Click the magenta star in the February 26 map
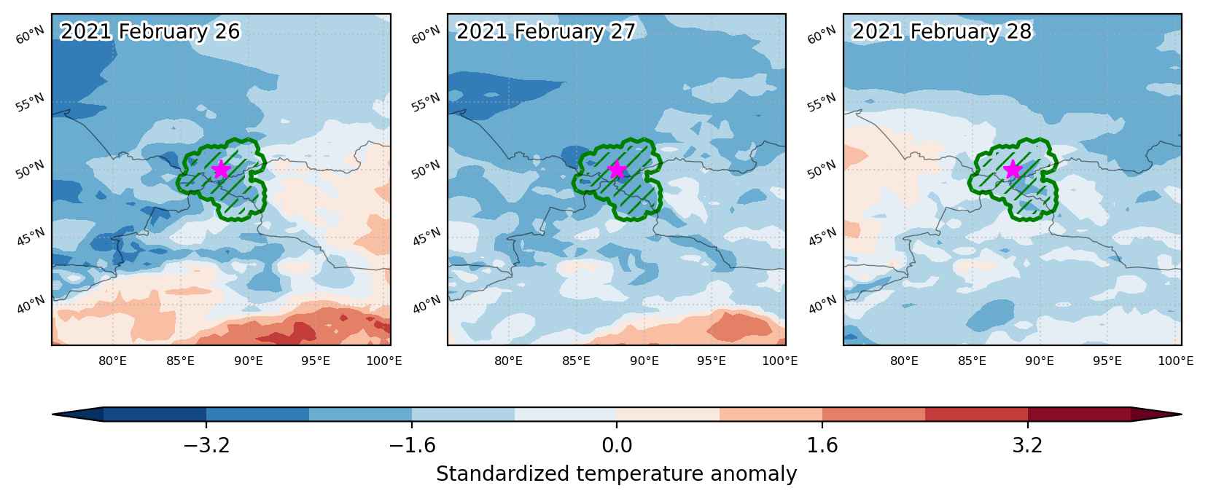221,169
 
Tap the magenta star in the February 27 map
617,170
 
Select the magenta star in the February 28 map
1013,169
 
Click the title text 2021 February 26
150,31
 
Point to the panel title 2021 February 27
546,31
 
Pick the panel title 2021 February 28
942,31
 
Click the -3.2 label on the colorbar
206,445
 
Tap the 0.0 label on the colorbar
617,445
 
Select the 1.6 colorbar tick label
822,445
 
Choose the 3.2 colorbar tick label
1028,445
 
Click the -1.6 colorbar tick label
412,445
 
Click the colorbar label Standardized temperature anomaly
617,474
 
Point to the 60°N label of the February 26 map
30,36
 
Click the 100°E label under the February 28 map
1176,361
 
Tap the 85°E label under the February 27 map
576,361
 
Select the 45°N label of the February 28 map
822,237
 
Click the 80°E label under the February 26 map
112,361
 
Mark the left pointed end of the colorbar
52,414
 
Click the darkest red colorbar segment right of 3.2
1079,414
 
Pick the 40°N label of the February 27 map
426,304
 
